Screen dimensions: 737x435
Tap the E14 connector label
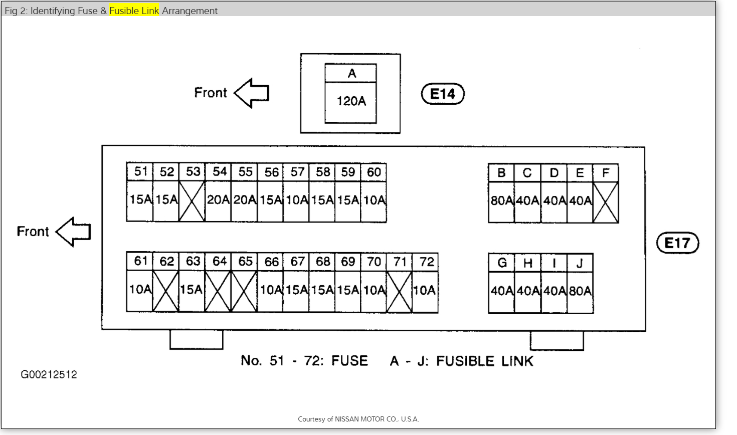[443, 94]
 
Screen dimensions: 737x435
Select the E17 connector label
[677, 243]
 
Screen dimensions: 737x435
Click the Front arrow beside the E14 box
[252, 93]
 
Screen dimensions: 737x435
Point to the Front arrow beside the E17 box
[74, 232]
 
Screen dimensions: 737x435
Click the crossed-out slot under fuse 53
[193, 201]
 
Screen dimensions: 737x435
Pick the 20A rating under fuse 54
[219, 200]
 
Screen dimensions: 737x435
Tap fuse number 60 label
[374, 172]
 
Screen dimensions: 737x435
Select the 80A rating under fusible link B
[501, 201]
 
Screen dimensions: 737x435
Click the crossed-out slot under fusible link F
[606, 202]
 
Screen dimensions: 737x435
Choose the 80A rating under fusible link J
[580, 291]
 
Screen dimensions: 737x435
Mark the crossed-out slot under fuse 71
[400, 291]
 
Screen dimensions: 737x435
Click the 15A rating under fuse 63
[192, 290]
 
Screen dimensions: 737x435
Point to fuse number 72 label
[426, 262]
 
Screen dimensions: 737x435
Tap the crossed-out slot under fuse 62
[165, 291]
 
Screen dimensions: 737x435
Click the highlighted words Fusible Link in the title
[134, 11]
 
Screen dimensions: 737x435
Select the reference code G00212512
[49, 375]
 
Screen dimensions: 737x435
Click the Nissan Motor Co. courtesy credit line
[358, 419]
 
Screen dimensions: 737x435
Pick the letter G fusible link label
[502, 263]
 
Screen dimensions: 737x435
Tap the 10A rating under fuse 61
[140, 289]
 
